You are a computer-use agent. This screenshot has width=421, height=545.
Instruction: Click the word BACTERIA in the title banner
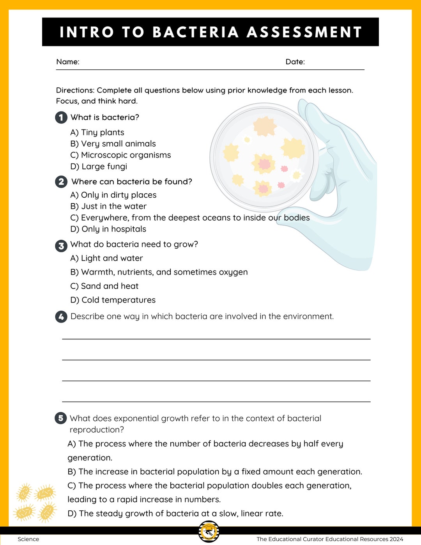[195, 32]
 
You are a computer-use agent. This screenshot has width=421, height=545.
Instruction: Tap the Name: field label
[68, 62]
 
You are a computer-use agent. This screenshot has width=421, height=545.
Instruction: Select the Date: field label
[295, 62]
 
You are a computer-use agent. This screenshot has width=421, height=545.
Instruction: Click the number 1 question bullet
[61, 117]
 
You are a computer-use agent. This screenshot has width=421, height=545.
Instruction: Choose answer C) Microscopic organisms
[120, 155]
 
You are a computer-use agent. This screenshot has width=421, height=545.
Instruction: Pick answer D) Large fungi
[99, 166]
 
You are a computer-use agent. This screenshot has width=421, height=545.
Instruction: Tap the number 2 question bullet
[61, 182]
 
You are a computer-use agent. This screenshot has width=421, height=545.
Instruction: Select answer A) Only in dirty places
[113, 195]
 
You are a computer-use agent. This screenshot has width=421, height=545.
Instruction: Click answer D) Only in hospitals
[108, 229]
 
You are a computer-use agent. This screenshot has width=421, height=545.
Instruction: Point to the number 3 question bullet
[61, 246]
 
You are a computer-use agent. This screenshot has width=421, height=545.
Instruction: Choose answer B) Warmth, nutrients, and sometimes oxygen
[159, 272]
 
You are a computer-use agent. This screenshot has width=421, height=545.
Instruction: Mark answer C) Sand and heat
[104, 286]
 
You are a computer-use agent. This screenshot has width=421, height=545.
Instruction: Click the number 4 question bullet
[61, 317]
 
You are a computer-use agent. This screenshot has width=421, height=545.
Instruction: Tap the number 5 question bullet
[61, 418]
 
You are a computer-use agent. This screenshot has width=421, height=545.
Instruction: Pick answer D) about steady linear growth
[175, 513]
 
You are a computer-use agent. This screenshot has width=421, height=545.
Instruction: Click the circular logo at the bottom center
[209, 532]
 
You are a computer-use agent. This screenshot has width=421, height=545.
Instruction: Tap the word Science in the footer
[28, 539]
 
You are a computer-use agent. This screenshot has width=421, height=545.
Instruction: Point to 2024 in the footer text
[396, 539]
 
